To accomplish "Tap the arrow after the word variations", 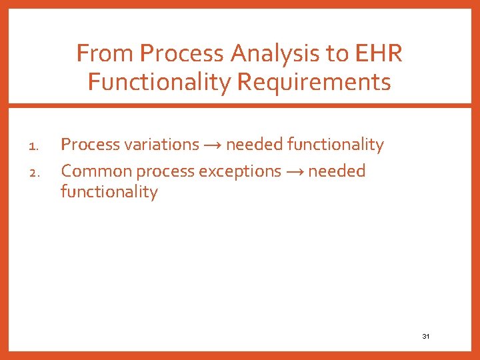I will point(213,145).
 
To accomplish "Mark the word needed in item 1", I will point(255,145).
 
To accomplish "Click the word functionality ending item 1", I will point(335,145).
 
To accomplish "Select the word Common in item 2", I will point(96,171).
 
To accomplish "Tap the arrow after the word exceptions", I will point(295,171).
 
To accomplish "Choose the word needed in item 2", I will point(337,171).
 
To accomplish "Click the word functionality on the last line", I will point(109,192).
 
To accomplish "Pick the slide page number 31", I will point(426,337).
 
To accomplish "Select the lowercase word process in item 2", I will point(161,171).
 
